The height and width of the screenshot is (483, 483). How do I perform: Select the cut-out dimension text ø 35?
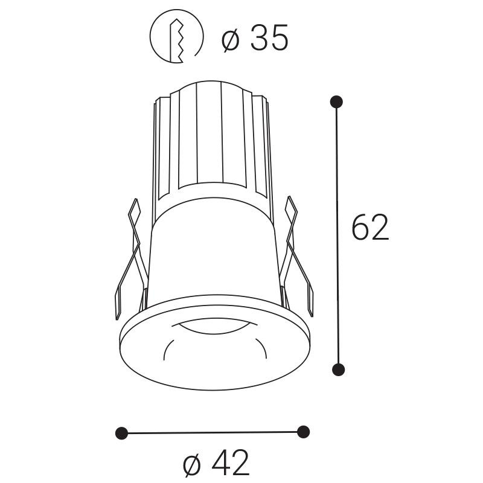(255, 39)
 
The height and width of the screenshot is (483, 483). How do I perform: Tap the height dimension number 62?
(370, 228)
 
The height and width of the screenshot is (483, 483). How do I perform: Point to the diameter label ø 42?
(216, 464)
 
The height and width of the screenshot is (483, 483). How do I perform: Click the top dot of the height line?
(337, 101)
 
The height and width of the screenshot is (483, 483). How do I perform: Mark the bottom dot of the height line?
(339, 369)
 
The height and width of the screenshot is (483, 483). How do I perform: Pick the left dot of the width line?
(121, 433)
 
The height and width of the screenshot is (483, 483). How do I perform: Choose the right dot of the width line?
(304, 432)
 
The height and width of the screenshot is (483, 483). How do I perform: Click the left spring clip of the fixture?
(129, 260)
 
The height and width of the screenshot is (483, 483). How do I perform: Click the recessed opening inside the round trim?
(214, 347)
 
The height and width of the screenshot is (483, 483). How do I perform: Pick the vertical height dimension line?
(337, 235)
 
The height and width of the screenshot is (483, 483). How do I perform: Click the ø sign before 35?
(230, 40)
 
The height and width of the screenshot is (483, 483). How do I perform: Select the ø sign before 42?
(191, 464)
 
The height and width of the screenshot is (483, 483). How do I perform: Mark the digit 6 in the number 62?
(360, 228)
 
